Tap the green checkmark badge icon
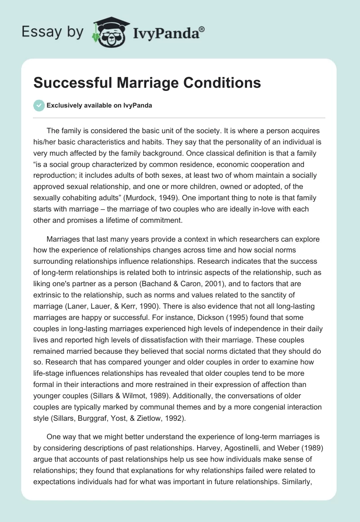click(x=39, y=105)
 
